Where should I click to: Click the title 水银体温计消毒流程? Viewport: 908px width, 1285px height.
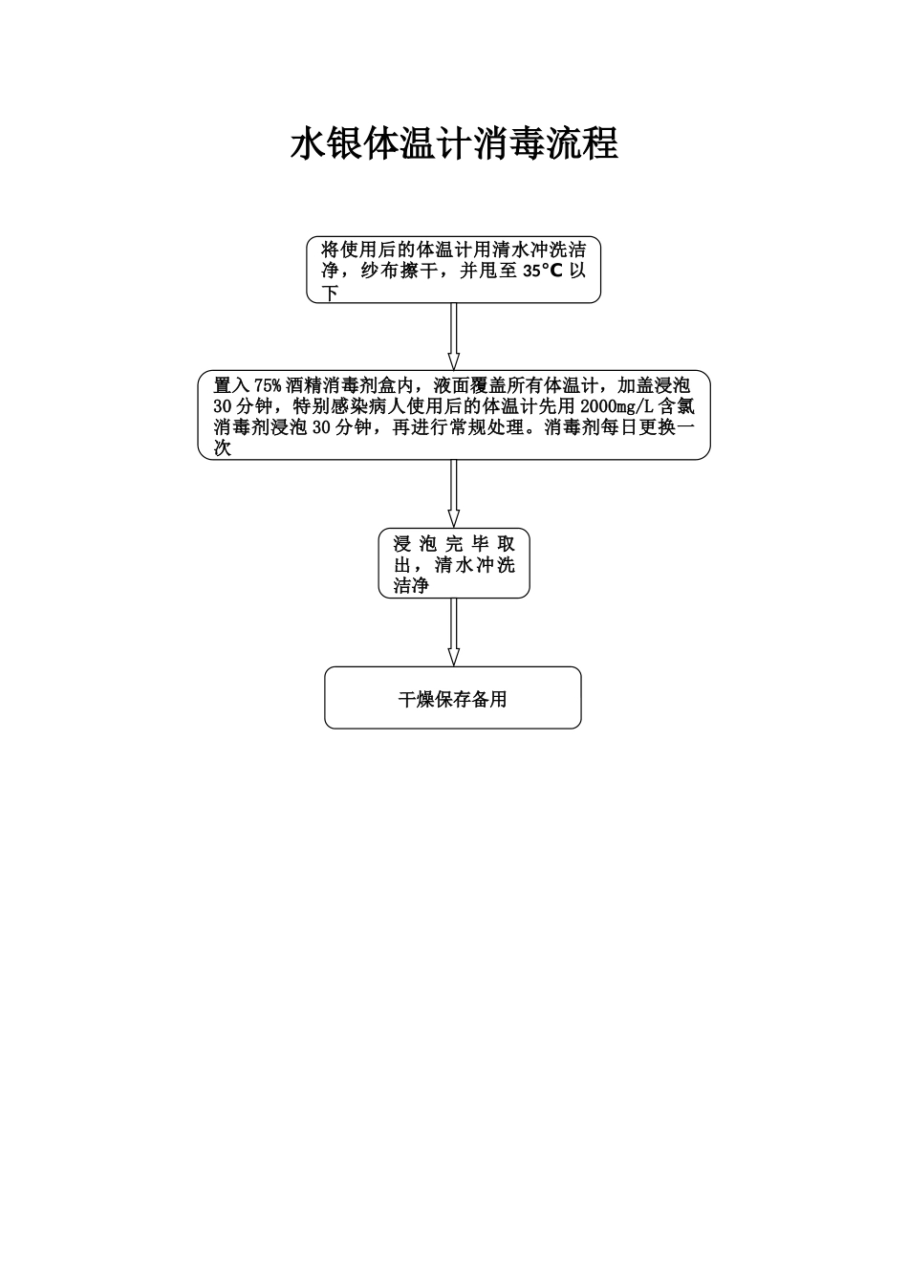click(454, 144)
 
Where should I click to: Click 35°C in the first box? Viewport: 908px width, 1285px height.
click(543, 271)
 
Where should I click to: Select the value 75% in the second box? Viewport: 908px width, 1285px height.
click(268, 385)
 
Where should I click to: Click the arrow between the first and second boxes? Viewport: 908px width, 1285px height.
click(454, 337)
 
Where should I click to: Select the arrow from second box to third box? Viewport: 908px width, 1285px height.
click(454, 493)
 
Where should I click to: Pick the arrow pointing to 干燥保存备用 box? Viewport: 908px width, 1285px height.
click(454, 632)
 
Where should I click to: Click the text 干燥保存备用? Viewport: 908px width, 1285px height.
click(453, 700)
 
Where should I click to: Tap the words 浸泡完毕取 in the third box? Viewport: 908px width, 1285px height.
click(454, 544)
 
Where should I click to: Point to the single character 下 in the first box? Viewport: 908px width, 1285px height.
click(331, 293)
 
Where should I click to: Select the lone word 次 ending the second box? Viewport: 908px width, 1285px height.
click(223, 447)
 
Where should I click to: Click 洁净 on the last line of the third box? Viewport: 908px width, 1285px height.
click(411, 586)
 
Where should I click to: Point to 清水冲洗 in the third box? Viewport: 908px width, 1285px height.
click(475, 565)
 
